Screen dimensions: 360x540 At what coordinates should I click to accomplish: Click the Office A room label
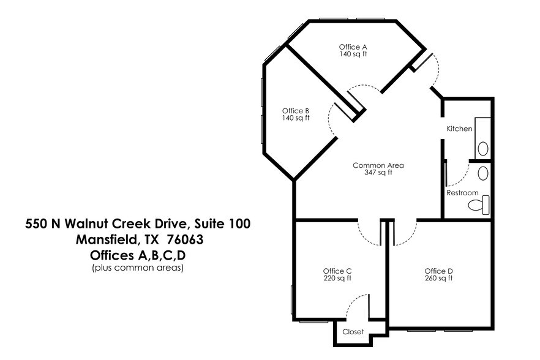tap(353, 47)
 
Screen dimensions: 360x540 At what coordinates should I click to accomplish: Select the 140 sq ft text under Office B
tap(296, 118)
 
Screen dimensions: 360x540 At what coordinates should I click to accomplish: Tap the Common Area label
tap(378, 165)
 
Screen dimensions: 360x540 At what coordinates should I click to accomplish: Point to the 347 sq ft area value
tap(378, 173)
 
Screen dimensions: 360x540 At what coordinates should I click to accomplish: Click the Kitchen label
tap(459, 129)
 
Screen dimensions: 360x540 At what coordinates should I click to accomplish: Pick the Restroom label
tap(462, 193)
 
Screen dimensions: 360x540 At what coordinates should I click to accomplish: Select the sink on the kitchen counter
tap(483, 148)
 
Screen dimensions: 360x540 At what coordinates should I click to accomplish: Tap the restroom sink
tap(483, 173)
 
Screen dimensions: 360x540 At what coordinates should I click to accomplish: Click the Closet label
tap(353, 332)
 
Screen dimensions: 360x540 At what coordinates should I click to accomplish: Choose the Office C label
tap(337, 271)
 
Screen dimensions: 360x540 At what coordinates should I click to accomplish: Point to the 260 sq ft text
tap(438, 279)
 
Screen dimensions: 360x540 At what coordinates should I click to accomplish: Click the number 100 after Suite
tap(238, 223)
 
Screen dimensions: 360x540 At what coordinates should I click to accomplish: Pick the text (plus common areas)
tap(137, 268)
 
